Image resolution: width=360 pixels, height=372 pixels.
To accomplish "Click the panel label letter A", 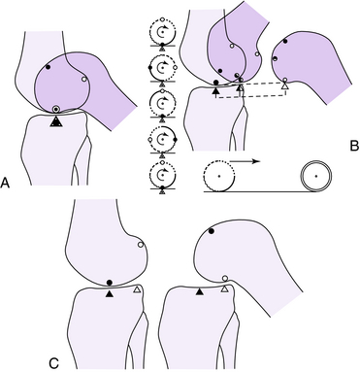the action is click(x=5, y=183).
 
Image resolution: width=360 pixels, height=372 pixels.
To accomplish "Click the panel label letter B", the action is click(x=354, y=147).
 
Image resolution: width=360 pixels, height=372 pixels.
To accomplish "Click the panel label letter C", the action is click(x=54, y=363).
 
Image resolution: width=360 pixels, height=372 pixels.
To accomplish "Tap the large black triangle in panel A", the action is click(x=56, y=121).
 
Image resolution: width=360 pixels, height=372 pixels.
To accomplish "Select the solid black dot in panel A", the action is click(x=49, y=67).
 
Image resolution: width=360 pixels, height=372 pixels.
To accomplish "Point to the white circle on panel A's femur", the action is click(x=84, y=79).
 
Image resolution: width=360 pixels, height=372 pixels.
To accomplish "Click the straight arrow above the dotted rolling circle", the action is click(x=245, y=161).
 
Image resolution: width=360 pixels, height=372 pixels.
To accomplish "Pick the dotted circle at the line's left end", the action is click(x=219, y=176).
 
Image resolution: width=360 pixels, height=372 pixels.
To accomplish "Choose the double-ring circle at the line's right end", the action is click(x=316, y=176).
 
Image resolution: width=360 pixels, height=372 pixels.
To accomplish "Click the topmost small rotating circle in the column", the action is click(x=162, y=31).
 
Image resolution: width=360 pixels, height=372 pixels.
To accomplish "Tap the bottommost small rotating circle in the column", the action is click(x=162, y=175).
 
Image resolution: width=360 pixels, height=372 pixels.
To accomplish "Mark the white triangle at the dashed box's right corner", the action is click(x=284, y=86).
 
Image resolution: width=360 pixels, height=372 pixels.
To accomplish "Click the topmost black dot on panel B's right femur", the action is click(x=285, y=41).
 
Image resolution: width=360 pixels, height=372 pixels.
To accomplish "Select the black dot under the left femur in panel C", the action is click(x=110, y=283).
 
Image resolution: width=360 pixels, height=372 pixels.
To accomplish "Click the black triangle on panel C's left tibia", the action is click(x=110, y=293).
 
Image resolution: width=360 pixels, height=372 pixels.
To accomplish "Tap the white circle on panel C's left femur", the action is click(x=141, y=245).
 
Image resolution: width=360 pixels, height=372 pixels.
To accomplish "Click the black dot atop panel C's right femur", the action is click(x=212, y=231).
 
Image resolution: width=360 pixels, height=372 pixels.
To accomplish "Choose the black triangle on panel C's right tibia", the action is click(x=200, y=292).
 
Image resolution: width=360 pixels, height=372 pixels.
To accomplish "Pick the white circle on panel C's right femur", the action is click(x=225, y=279).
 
